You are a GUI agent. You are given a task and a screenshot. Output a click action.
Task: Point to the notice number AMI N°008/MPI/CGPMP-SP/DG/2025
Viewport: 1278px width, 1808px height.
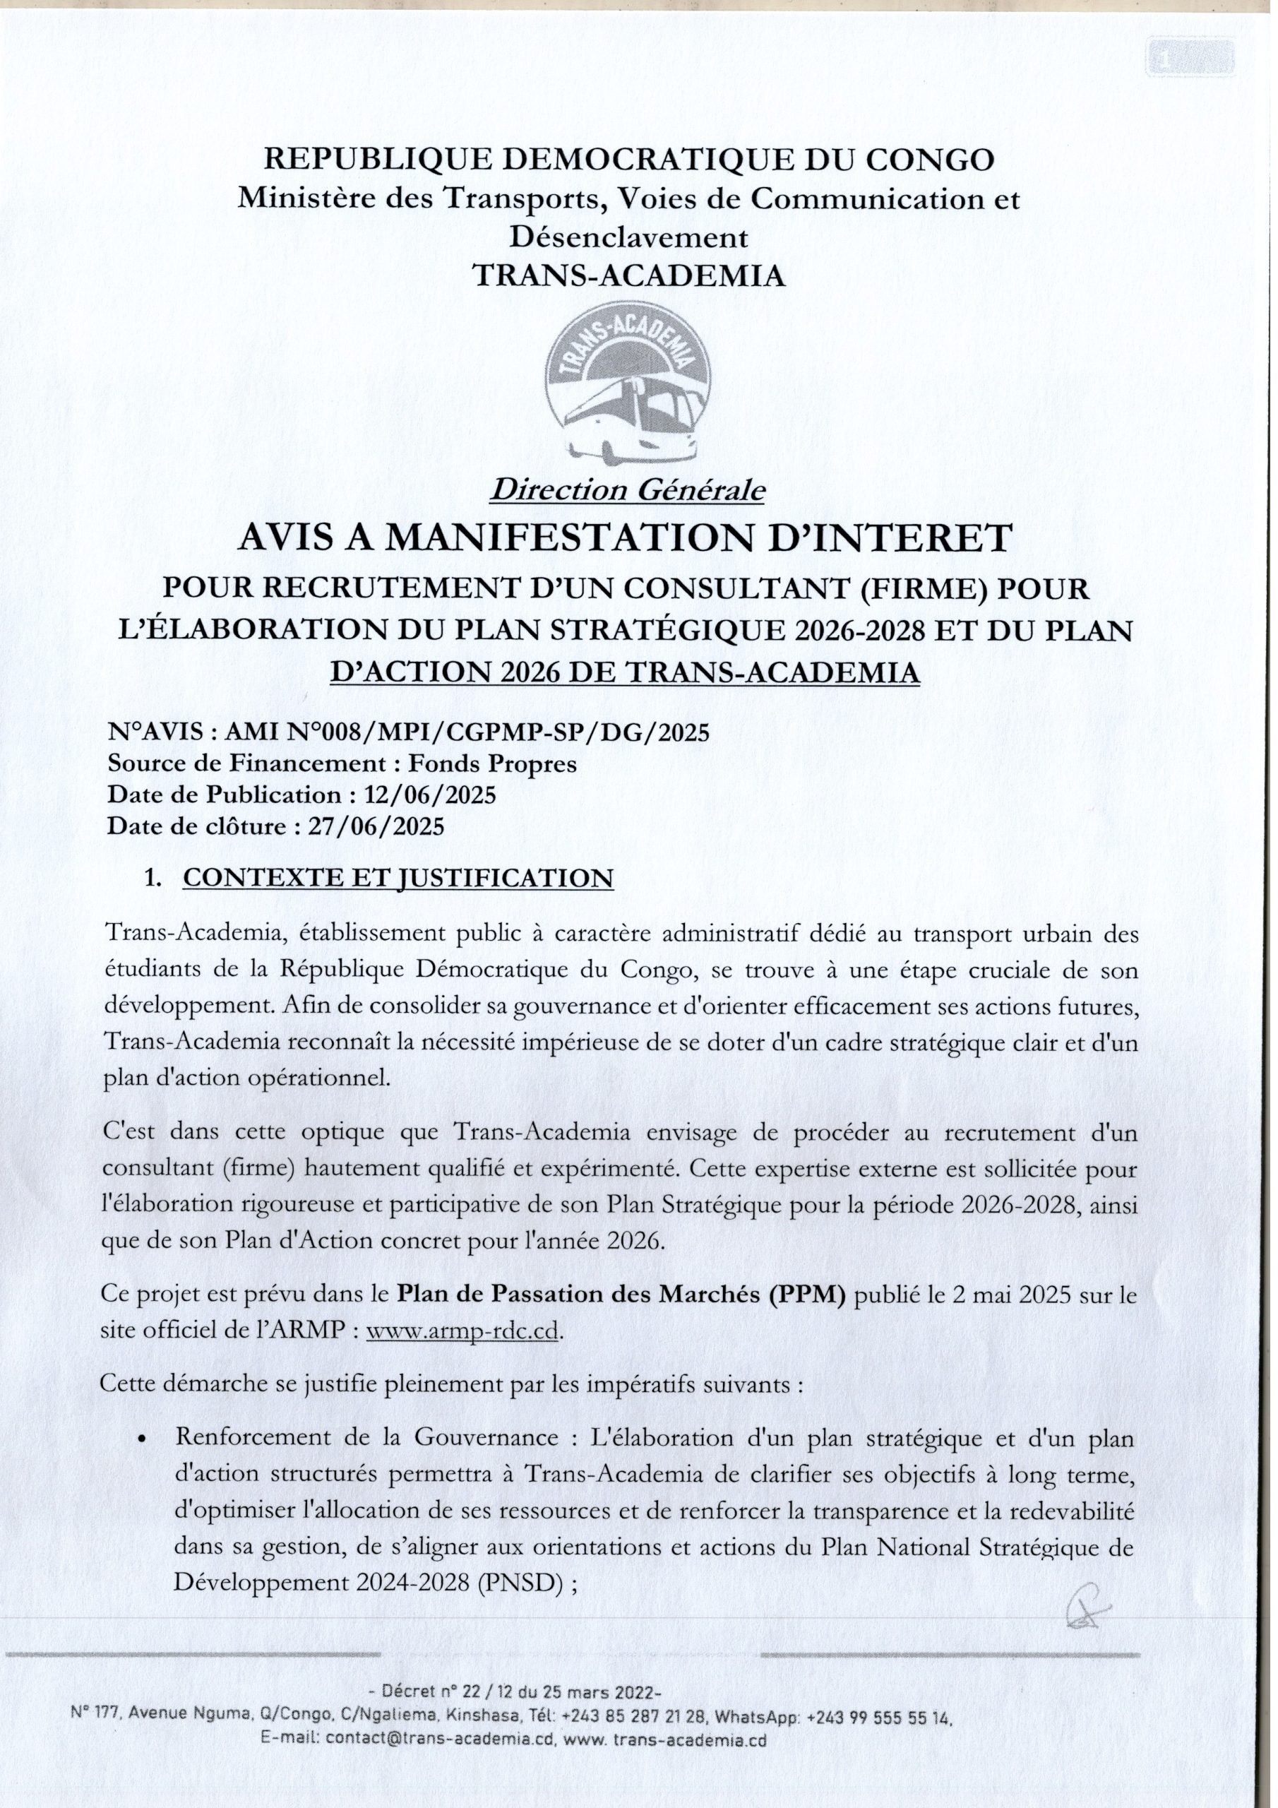[x=467, y=733]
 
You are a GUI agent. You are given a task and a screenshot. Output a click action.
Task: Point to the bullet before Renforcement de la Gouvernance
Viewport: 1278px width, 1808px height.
[x=143, y=1439]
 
